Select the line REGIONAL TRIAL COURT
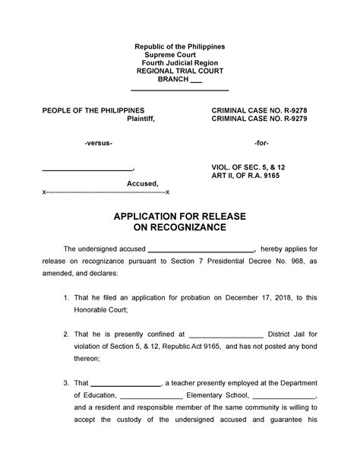(x=179, y=70)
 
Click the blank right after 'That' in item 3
(x=126, y=382)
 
